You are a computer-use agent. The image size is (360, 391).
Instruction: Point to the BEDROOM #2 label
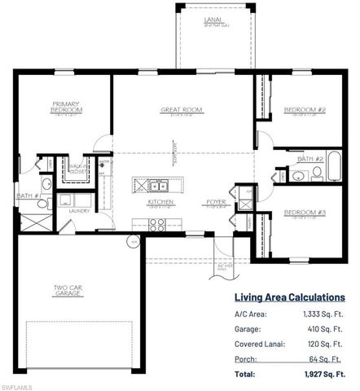point(304,109)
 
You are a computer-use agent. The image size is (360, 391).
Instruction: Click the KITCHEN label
point(158,200)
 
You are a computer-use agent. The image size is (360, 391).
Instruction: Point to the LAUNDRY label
point(78,210)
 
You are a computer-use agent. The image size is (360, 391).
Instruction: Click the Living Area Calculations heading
point(289,297)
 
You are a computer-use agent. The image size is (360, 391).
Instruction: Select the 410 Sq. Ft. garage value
point(326,330)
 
